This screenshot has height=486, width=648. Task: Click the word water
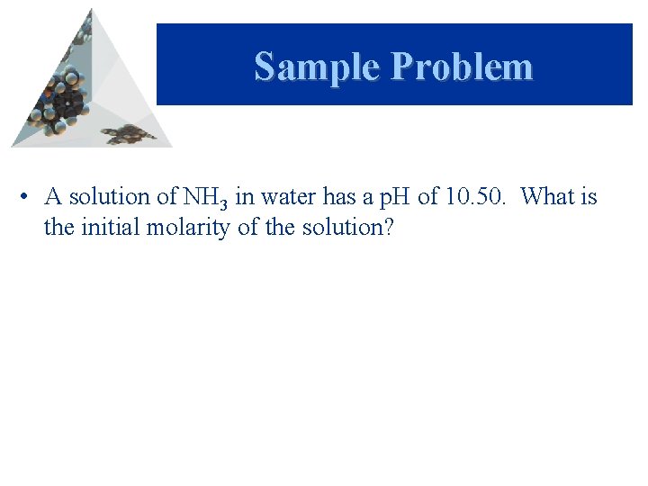[x=285, y=196]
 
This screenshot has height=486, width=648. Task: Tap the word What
[x=548, y=196]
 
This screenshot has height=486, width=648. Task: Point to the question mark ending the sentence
[x=388, y=227]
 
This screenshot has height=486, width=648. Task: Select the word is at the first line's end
[x=589, y=196]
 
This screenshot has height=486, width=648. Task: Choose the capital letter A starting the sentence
[x=52, y=196]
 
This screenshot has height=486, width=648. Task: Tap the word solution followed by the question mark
[x=346, y=227]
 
